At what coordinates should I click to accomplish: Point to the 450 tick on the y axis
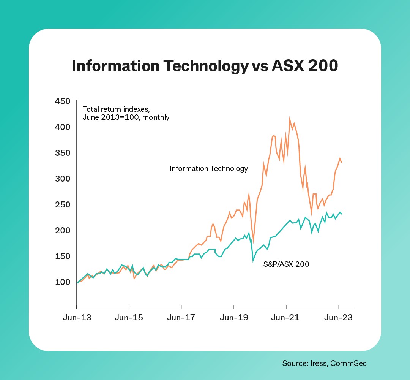(x=63, y=101)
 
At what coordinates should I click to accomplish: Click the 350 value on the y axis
(x=63, y=153)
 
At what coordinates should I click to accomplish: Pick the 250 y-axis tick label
(x=63, y=205)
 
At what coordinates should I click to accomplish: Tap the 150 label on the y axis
(x=63, y=256)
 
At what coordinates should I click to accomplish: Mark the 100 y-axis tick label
(x=63, y=282)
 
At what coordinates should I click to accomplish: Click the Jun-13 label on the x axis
(x=77, y=317)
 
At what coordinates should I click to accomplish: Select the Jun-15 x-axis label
(x=129, y=317)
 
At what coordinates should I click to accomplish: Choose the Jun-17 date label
(x=181, y=317)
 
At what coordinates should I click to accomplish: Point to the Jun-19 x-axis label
(x=234, y=317)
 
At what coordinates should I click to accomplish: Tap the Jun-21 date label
(x=286, y=317)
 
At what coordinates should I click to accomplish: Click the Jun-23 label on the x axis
(x=339, y=317)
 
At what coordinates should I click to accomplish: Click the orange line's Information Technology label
(x=209, y=168)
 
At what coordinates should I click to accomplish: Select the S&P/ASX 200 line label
(x=286, y=264)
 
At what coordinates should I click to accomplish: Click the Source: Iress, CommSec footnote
(x=324, y=363)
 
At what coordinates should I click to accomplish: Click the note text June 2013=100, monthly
(x=126, y=117)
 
